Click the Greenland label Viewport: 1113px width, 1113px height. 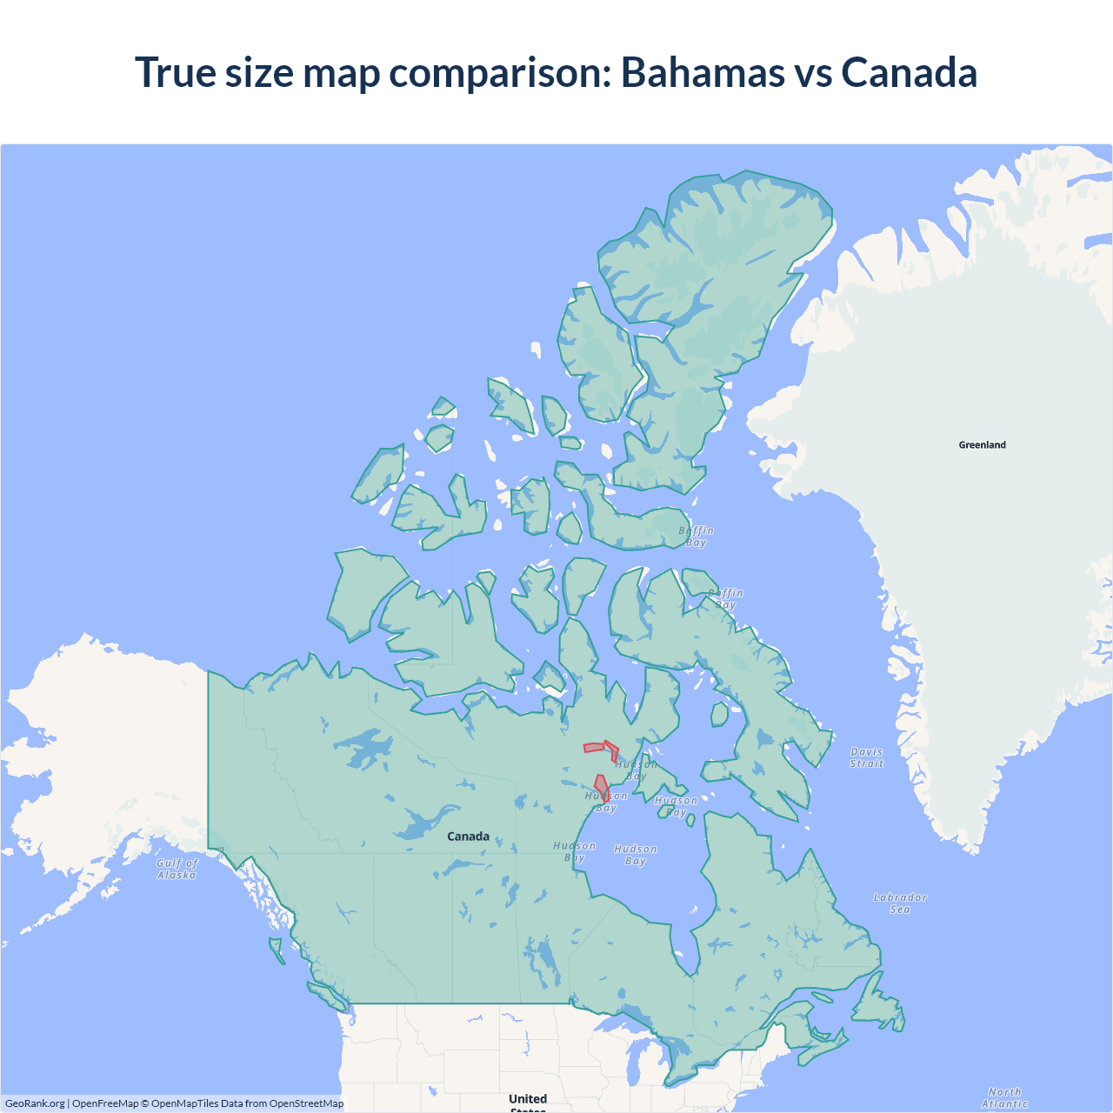[982, 444]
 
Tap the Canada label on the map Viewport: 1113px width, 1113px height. [468, 836]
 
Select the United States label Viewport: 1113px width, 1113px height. [528, 1101]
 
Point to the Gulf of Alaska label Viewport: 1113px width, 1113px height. [177, 869]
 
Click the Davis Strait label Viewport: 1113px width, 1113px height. [867, 757]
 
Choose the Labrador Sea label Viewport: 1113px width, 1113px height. [900, 903]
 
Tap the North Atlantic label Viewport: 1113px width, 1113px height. [1005, 1097]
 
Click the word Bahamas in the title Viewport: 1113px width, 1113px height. [702, 72]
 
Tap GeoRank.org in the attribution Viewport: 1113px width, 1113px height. [35, 1103]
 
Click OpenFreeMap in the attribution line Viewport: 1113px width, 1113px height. [105, 1103]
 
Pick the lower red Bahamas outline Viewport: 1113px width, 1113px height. [601, 786]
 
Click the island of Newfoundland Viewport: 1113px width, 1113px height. [876, 1009]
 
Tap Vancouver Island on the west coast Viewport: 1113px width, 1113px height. [327, 994]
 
